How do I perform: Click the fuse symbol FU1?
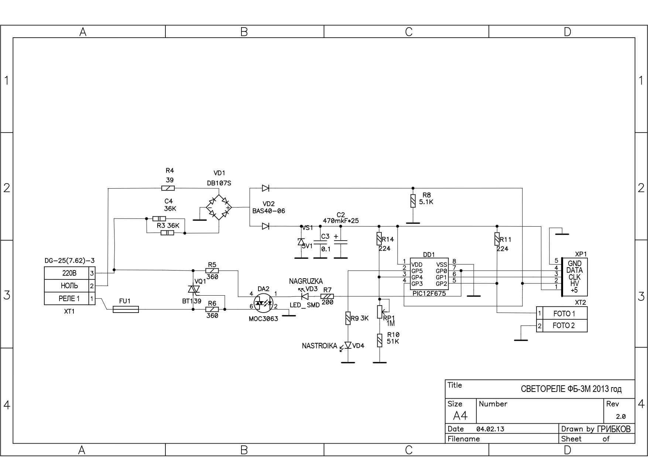point(126,309)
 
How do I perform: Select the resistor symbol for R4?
point(168,188)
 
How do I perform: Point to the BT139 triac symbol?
point(193,290)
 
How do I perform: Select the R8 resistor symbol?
point(413,201)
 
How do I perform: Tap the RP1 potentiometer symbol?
point(380,311)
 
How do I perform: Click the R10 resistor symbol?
point(380,340)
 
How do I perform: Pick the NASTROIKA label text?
point(319,346)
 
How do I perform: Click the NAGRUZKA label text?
point(306,281)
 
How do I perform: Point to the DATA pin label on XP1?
point(575,270)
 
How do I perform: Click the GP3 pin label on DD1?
point(417,284)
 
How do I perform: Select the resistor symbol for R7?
point(327,296)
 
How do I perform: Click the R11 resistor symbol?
point(497,239)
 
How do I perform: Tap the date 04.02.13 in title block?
point(490,429)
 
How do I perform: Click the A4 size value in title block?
point(460,416)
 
